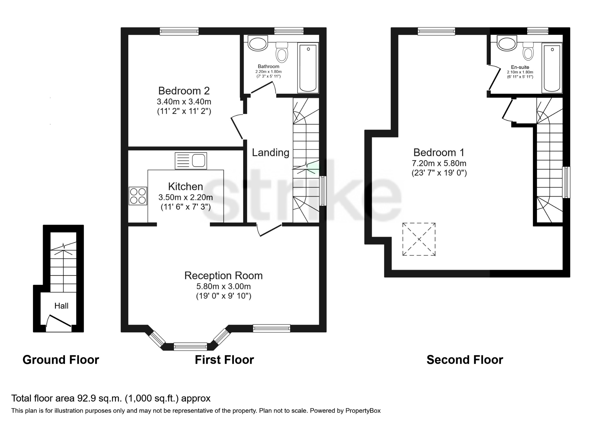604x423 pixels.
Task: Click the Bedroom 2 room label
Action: (184, 91)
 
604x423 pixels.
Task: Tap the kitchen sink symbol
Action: (191, 160)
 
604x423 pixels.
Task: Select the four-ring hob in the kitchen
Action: (138, 196)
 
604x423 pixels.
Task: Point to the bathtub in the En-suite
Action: (552, 67)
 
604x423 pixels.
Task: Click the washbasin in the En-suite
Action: (507, 43)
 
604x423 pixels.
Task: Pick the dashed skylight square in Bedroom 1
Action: (419, 239)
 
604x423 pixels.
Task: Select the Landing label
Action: (270, 153)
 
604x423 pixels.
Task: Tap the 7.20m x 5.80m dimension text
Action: (439, 163)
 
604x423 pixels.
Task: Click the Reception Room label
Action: (223, 276)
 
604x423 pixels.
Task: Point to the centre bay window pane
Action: (190, 346)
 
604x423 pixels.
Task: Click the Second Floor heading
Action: (464, 360)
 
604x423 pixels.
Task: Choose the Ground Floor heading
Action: (61, 360)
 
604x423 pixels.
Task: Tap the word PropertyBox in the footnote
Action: (363, 411)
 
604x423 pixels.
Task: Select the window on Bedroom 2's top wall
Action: (179, 31)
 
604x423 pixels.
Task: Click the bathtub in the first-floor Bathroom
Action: (308, 68)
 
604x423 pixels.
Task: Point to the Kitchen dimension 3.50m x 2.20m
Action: (185, 197)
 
